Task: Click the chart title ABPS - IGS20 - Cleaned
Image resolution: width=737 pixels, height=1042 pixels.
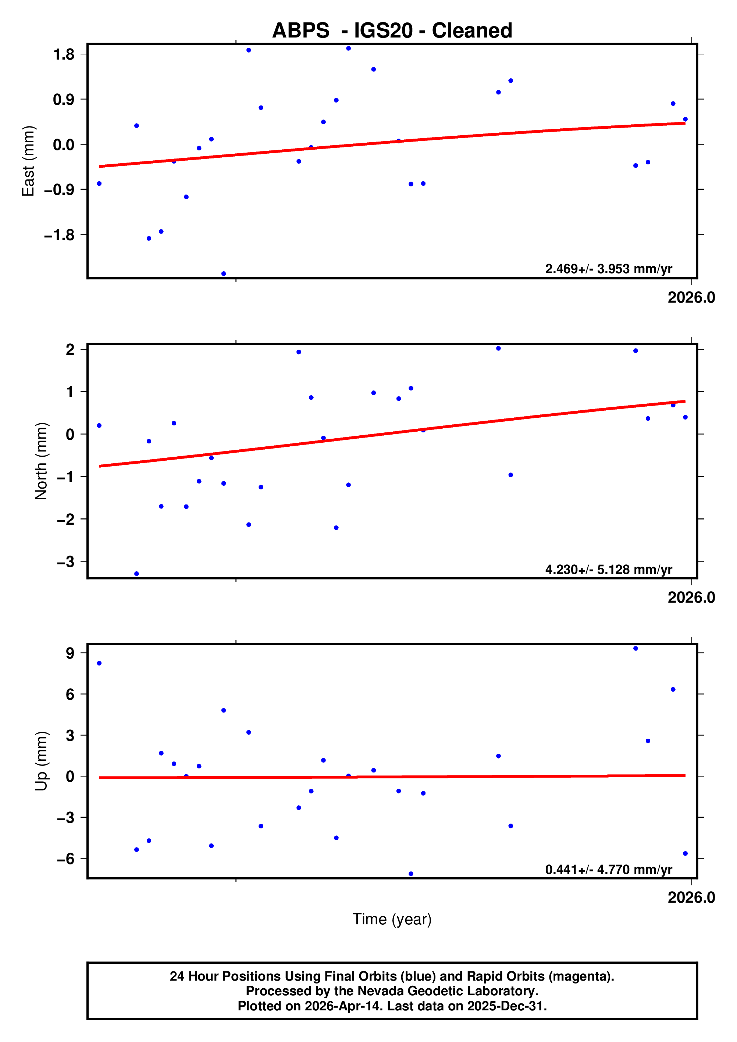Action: click(392, 31)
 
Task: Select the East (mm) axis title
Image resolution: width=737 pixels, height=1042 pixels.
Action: click(28, 161)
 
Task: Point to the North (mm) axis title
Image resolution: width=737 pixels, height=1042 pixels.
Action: click(41, 461)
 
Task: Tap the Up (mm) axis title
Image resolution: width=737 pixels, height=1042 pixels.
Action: click(41, 761)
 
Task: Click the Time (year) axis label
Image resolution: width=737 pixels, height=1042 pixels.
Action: click(392, 919)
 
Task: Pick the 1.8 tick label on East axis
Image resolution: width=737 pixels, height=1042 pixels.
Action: click(64, 54)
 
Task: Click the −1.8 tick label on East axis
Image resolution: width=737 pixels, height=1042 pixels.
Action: click(59, 235)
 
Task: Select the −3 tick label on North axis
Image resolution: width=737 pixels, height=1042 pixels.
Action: click(65, 562)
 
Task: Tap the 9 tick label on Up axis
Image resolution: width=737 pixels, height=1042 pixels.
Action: click(70, 653)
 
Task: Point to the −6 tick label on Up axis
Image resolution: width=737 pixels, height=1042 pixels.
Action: click(65, 859)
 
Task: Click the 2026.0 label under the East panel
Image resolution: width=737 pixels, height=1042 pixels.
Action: click(691, 298)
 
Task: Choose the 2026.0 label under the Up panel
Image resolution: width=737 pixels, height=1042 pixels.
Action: click(691, 898)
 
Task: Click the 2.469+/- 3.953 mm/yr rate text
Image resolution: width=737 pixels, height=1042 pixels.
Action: click(609, 269)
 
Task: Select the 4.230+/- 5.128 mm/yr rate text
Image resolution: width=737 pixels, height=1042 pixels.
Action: click(609, 570)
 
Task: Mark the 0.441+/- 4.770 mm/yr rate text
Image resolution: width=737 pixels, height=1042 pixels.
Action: click(609, 870)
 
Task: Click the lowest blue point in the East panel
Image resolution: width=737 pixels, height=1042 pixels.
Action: click(224, 274)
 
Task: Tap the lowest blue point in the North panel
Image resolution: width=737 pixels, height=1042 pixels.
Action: click(136, 574)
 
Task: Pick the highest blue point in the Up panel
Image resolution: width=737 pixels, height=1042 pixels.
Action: click(635, 649)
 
